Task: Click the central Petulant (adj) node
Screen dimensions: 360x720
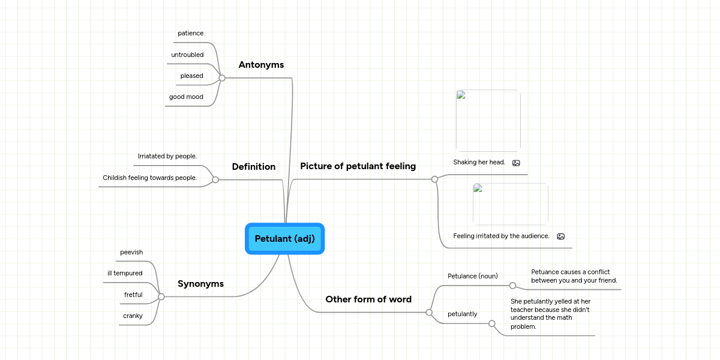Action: click(284, 239)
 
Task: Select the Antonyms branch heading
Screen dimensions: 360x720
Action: click(261, 65)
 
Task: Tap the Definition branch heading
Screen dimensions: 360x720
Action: click(253, 167)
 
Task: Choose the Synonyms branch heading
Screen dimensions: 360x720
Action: click(200, 284)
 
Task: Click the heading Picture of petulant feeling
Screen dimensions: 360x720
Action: click(358, 166)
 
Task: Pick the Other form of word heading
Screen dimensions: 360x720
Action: click(368, 299)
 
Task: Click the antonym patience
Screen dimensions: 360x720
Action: click(190, 33)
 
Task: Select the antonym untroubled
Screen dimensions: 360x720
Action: click(187, 55)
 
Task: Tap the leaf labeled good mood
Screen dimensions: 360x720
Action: click(186, 97)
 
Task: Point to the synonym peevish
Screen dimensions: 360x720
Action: click(131, 252)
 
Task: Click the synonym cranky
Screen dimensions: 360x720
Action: click(133, 316)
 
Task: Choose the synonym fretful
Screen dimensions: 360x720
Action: click(133, 295)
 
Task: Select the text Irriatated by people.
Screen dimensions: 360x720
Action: click(167, 156)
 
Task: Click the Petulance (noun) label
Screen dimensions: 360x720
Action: click(473, 276)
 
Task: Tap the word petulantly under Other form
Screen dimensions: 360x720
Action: click(462, 314)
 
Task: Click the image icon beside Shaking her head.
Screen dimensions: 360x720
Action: click(516, 163)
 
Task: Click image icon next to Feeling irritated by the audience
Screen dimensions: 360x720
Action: click(560, 236)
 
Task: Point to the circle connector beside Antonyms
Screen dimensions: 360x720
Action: click(222, 78)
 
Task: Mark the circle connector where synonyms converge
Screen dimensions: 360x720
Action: click(161, 296)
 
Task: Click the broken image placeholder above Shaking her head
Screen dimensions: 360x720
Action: click(488, 121)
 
